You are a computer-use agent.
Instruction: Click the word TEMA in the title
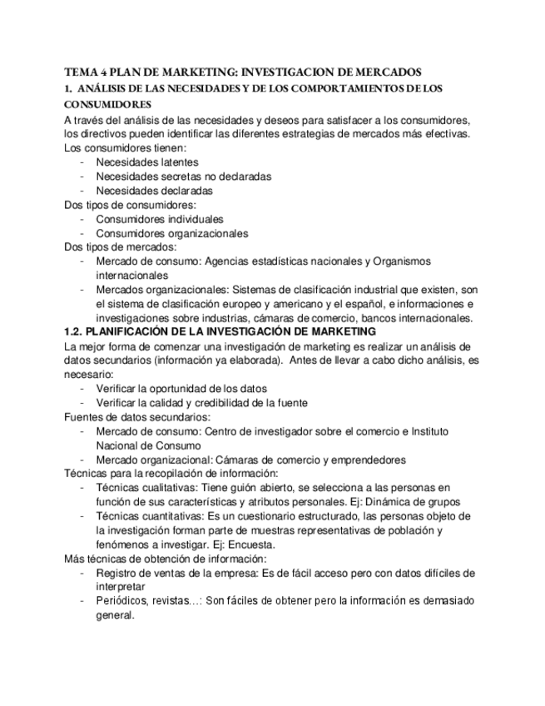pyautogui.click(x=80, y=72)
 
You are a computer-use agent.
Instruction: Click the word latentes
pyautogui.click(x=176, y=162)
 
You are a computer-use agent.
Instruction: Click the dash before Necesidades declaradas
pyautogui.click(x=82, y=191)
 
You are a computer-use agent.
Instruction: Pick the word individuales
pyautogui.click(x=195, y=219)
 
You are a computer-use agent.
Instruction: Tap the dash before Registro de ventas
pyautogui.click(x=82, y=573)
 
